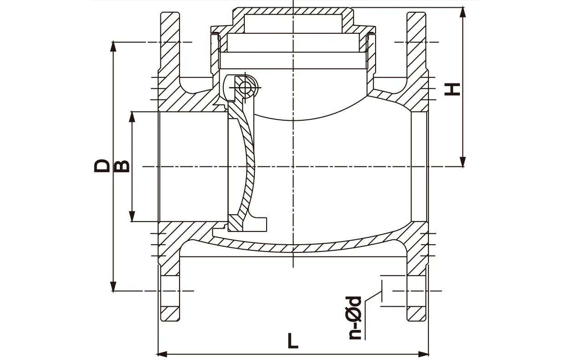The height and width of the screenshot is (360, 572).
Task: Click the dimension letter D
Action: click(102, 166)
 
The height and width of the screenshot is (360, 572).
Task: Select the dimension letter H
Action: click(452, 89)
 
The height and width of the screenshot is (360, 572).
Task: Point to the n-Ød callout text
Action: click(355, 318)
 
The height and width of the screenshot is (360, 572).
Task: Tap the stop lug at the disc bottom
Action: click(259, 224)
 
